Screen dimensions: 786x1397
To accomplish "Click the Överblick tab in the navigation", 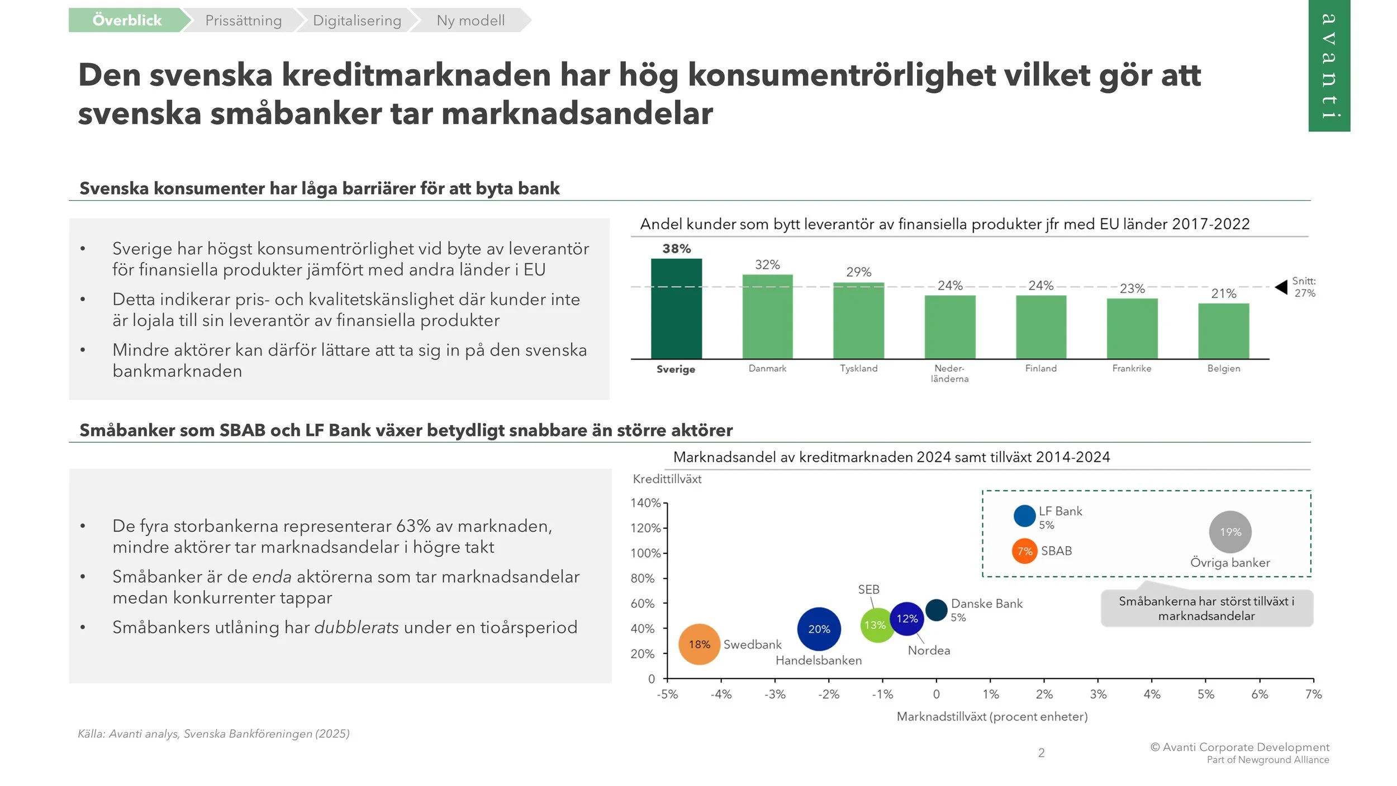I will pos(127,20).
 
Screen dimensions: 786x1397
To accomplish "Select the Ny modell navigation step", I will pos(470,20).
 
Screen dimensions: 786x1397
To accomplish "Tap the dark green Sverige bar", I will pos(676,309).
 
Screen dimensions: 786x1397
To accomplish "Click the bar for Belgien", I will pos(1223,331).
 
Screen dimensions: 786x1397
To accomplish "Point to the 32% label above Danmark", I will pos(767,264).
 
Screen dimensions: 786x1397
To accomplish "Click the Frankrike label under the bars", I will pos(1132,368).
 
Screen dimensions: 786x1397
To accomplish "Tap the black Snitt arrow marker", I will pos(1281,287).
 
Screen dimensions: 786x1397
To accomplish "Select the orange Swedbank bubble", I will pos(699,644).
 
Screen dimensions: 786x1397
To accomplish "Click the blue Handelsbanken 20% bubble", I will pos(819,629).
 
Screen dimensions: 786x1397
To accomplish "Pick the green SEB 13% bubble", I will pos(876,625).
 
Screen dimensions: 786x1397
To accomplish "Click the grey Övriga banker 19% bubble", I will pos(1230,532).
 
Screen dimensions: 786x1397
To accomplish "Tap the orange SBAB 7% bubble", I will pos(1024,551).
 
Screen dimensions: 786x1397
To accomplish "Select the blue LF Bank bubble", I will pos(1024,515).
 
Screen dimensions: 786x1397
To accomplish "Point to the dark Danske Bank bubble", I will pos(936,610).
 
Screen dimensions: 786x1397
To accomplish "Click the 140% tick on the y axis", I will pos(645,503).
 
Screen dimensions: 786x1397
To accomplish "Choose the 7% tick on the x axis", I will pos(1313,694).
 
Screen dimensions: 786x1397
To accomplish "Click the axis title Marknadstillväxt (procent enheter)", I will pos(992,717).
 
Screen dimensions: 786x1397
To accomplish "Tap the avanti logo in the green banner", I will pos(1329,66).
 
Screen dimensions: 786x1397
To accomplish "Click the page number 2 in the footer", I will pos(1041,753).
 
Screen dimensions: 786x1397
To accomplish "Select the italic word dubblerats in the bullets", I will pos(357,627).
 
